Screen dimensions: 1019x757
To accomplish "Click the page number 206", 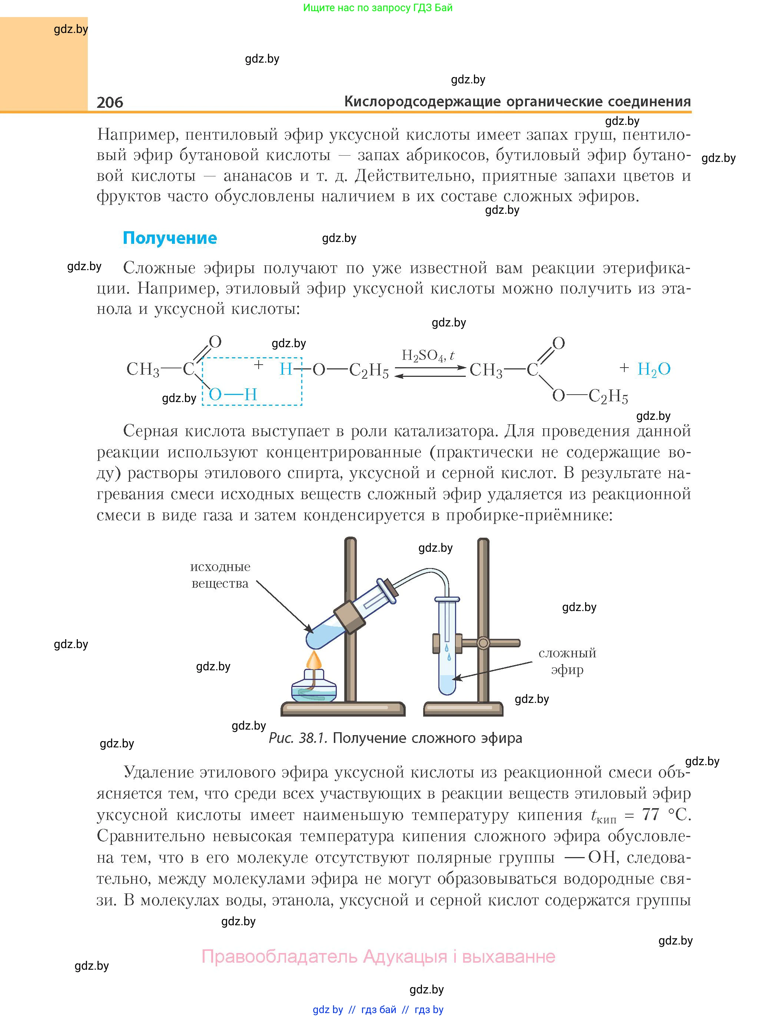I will coord(110,102).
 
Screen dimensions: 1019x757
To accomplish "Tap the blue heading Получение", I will coord(170,238).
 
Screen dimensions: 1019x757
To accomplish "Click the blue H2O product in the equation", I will coord(654,369).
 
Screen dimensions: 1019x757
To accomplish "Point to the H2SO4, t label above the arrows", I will coord(428,356).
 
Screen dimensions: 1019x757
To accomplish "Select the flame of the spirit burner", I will coord(314,660).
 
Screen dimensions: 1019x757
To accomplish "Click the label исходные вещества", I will coord(220,575).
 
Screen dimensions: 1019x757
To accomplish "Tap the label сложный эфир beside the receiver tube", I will coord(567,661).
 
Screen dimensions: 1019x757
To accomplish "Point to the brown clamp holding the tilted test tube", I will coord(349,614).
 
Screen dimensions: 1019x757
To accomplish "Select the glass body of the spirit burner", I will coord(314,688).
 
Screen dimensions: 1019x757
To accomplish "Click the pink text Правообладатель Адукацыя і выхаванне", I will coord(379,956).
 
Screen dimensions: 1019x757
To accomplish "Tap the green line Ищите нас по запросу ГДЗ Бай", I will coord(378,8).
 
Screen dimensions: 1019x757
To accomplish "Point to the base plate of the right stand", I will coord(463,708).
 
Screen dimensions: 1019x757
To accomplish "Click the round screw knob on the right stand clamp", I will coord(483,643).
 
